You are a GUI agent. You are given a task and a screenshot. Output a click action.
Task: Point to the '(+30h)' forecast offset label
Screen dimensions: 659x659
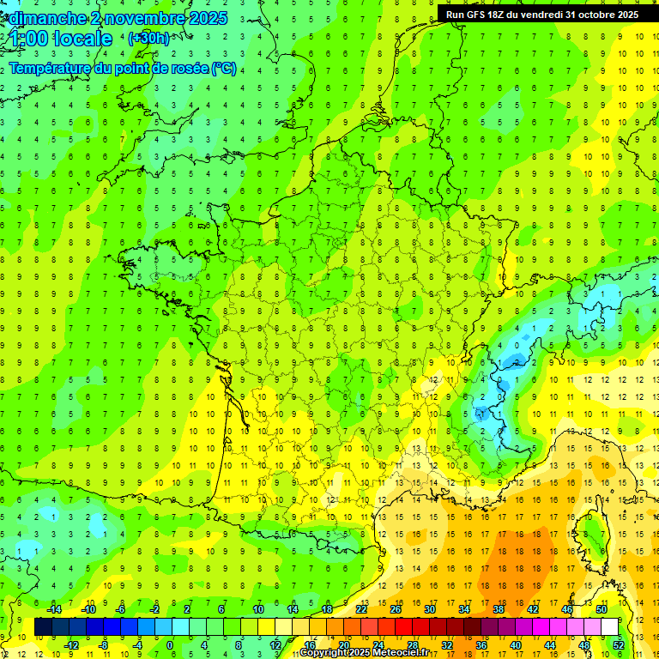pos(148,39)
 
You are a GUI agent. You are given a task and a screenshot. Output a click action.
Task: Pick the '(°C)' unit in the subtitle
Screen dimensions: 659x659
pos(225,69)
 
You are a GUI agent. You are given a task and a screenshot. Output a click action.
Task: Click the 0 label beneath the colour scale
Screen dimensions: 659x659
pos(170,644)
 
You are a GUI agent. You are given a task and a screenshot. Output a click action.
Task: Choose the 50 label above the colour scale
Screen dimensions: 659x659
pos(602,608)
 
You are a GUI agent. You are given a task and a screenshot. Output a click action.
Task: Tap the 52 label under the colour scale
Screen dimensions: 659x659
pos(619,644)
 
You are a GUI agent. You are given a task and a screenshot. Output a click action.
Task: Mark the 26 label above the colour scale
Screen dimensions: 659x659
pos(396,608)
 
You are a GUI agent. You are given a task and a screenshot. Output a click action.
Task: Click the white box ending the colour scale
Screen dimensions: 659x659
pos(609,626)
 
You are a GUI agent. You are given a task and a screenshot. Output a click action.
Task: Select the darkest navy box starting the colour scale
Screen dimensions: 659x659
pos(43,626)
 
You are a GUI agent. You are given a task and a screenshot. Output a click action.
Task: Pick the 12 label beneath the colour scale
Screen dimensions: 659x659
pos(275,644)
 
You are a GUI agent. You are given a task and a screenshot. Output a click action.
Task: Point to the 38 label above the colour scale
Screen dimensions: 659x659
pos(499,608)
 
